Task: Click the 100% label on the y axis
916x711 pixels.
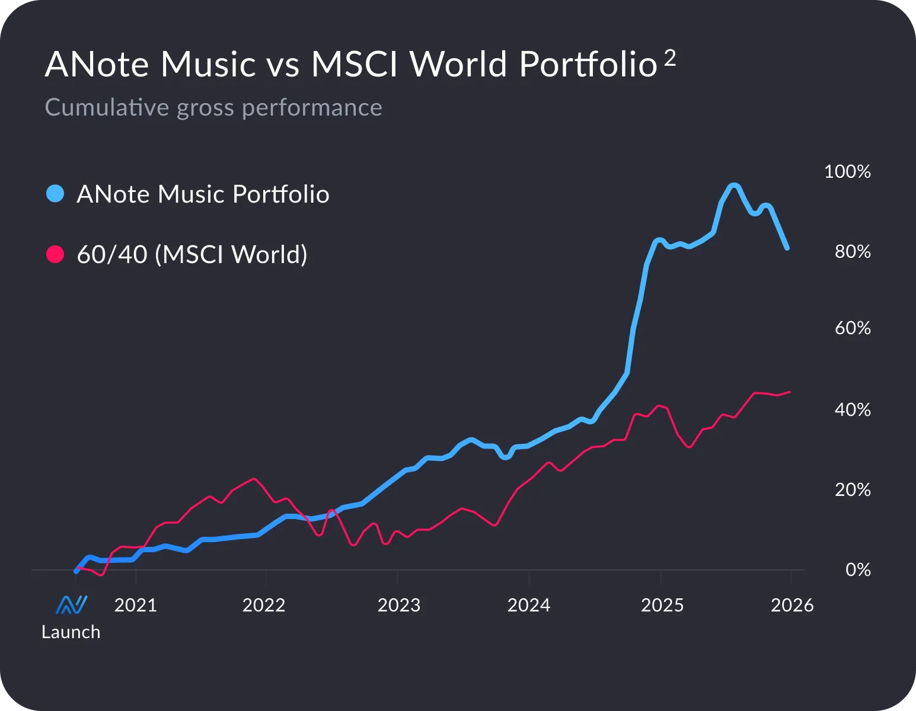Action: pos(847,172)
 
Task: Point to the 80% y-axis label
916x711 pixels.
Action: pos(852,252)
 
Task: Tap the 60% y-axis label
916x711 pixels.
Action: pos(852,328)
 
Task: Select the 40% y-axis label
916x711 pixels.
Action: pos(852,409)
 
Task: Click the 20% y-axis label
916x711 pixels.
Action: pos(852,489)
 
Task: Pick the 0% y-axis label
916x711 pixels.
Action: pos(857,569)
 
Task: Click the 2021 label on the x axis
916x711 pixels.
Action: pos(135,605)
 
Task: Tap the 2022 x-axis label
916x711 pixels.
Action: pos(264,605)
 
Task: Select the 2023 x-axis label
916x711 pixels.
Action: pos(398,605)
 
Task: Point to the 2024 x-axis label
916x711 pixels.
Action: pos(528,605)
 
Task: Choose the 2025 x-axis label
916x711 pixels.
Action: pos(662,605)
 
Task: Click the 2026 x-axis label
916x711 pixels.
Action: pos(791,605)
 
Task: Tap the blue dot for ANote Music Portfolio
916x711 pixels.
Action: pos(55,194)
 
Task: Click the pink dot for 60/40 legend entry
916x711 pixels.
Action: pos(55,255)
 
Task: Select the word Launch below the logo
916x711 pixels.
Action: pos(71,632)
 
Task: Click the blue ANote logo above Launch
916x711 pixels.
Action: pos(71,605)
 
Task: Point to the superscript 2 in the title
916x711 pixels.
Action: pos(670,57)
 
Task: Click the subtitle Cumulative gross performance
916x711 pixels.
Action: pos(213,107)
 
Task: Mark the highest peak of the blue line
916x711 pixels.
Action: pos(733,186)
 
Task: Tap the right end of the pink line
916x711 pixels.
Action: pos(789,392)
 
